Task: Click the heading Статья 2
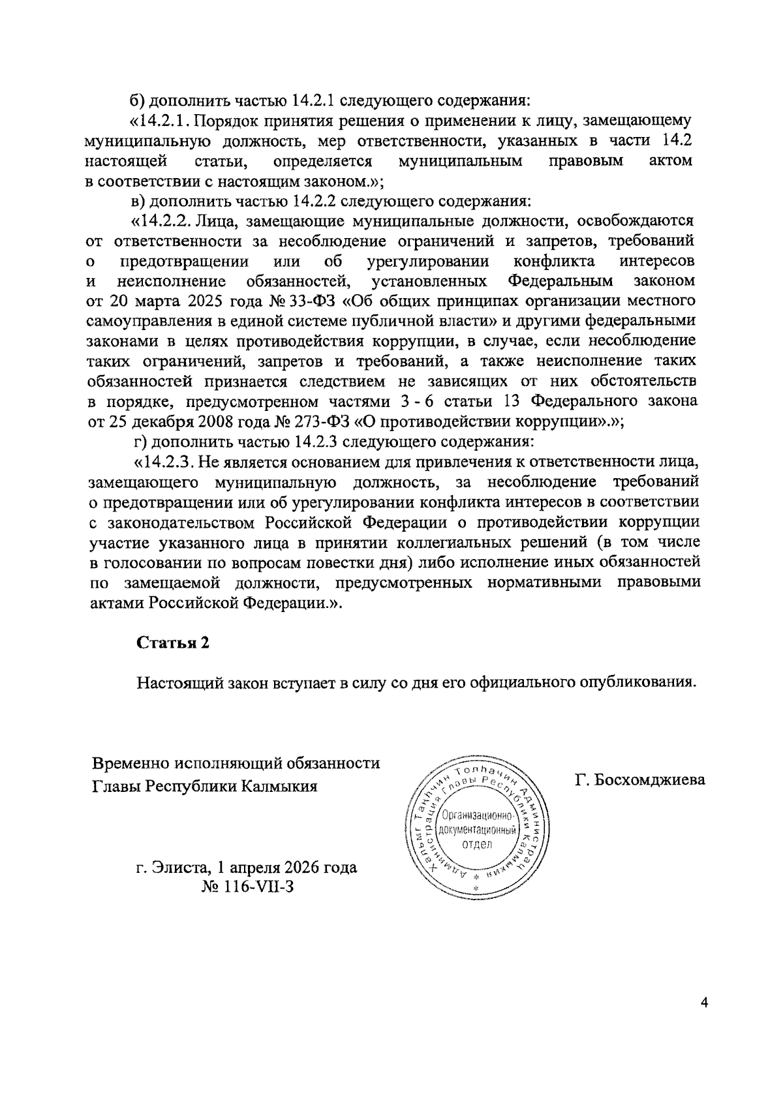pyautogui.click(x=173, y=642)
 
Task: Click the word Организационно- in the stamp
pyautogui.click(x=479, y=817)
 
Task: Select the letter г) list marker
pyautogui.click(x=141, y=442)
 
